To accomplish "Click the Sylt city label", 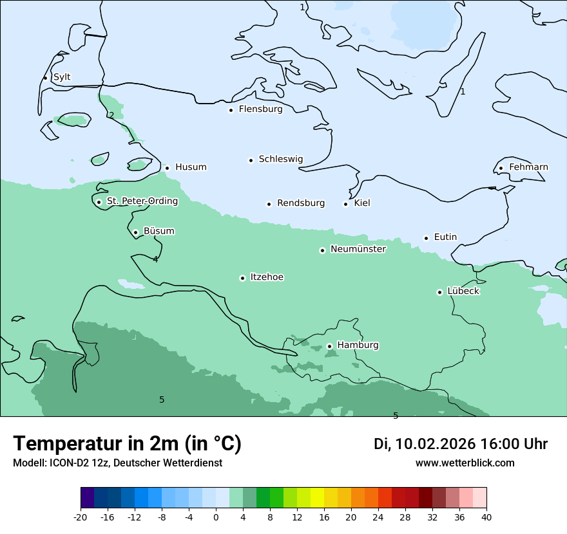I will tap(62, 77).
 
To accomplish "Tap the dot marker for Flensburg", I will tap(231, 110).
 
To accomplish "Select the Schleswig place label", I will tap(280, 159).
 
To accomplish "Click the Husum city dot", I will tap(167, 168).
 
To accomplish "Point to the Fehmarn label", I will tap(528, 167).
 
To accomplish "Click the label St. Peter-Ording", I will tap(142, 201).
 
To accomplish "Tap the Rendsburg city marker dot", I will tap(269, 204).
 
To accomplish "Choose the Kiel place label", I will tap(362, 203).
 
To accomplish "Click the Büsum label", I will tap(159, 231).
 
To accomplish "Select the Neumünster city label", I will tap(358, 249).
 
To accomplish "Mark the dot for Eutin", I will tap(426, 238).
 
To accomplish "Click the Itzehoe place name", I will tap(267, 277).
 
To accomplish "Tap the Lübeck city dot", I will tap(439, 292).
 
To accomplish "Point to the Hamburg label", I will tap(358, 345).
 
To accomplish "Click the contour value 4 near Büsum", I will tap(155, 259).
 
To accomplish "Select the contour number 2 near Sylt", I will tap(111, 115).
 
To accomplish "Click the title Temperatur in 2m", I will tap(127, 443).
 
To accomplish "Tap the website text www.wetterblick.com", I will tap(465, 463).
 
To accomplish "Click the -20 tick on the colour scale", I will tap(81, 517).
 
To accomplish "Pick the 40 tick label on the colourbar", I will tap(486, 517).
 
